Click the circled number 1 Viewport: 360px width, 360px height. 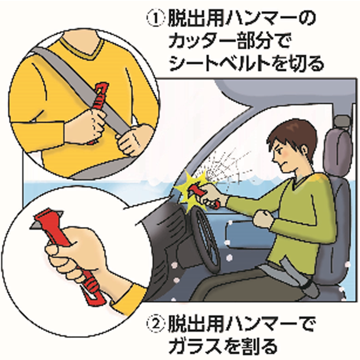point(156,19)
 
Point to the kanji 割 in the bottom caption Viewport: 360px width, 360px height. point(249,346)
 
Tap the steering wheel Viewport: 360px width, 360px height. point(205,239)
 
